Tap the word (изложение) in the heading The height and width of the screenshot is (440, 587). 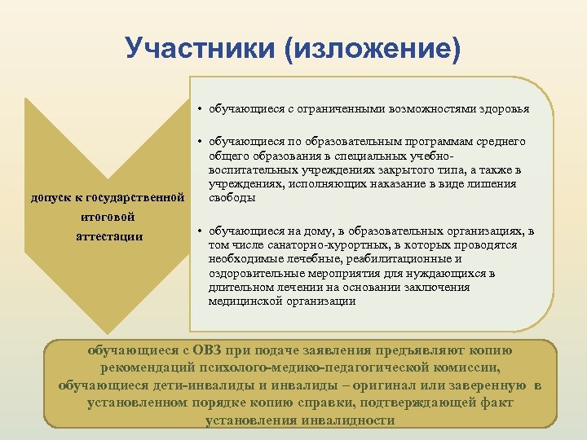point(372,49)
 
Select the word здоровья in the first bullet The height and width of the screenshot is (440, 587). point(505,108)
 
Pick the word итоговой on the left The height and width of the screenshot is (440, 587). point(108,218)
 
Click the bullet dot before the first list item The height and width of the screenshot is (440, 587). point(199,109)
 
